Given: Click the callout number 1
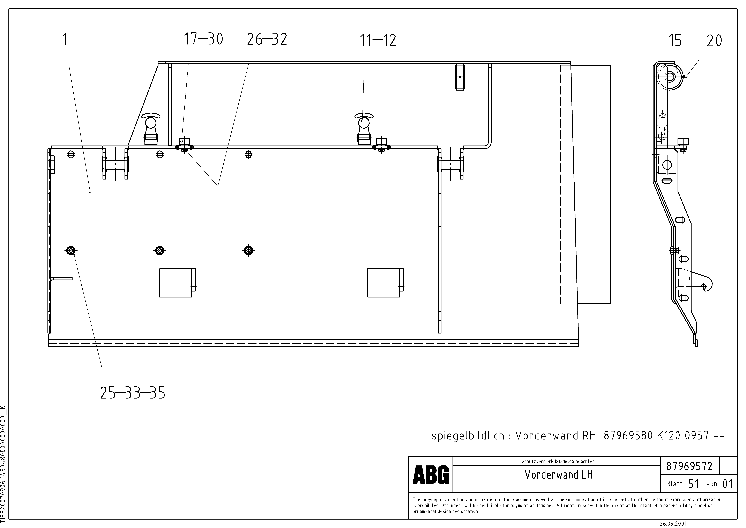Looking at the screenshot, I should click(65, 40).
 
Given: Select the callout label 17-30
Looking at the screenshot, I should click(203, 39).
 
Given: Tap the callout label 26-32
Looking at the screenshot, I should click(267, 39).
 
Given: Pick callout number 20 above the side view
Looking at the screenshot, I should click(714, 41).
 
